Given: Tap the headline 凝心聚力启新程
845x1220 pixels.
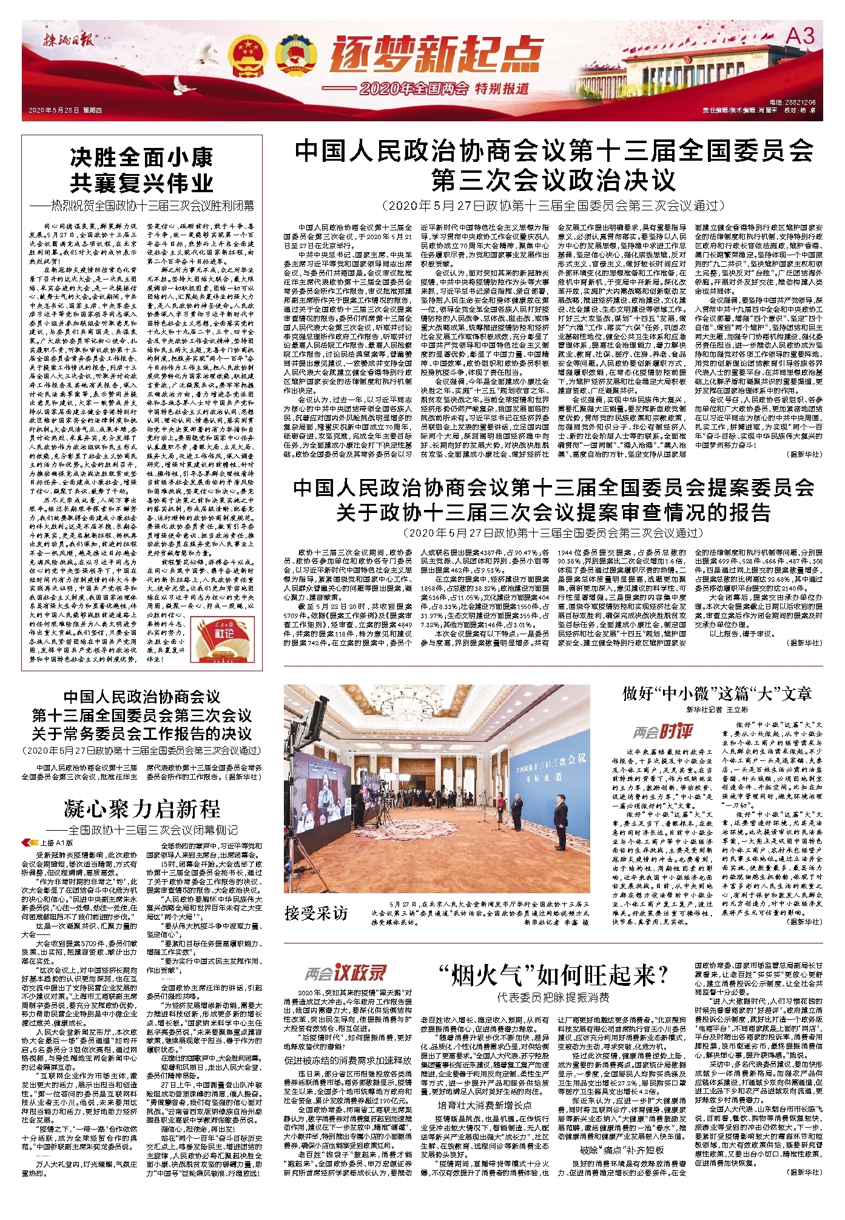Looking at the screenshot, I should pos(141,808).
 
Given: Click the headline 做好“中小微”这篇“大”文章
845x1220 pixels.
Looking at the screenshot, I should pos(716,694).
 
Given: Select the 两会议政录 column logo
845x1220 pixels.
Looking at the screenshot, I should pos(345,973).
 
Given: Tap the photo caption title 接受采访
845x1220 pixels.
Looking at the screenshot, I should pos(316,913).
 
